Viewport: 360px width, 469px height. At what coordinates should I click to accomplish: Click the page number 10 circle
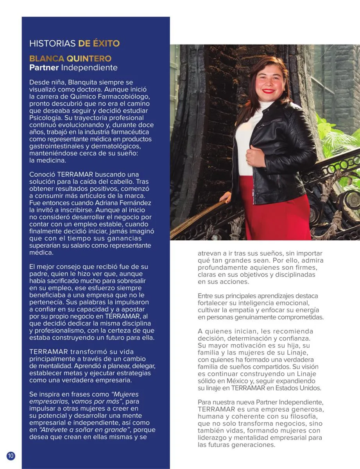pyautogui.click(x=11, y=455)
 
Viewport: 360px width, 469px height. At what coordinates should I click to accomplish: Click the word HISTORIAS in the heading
pyautogui.click(x=52, y=43)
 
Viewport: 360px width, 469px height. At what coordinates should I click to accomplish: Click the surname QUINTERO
pyautogui.click(x=89, y=59)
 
